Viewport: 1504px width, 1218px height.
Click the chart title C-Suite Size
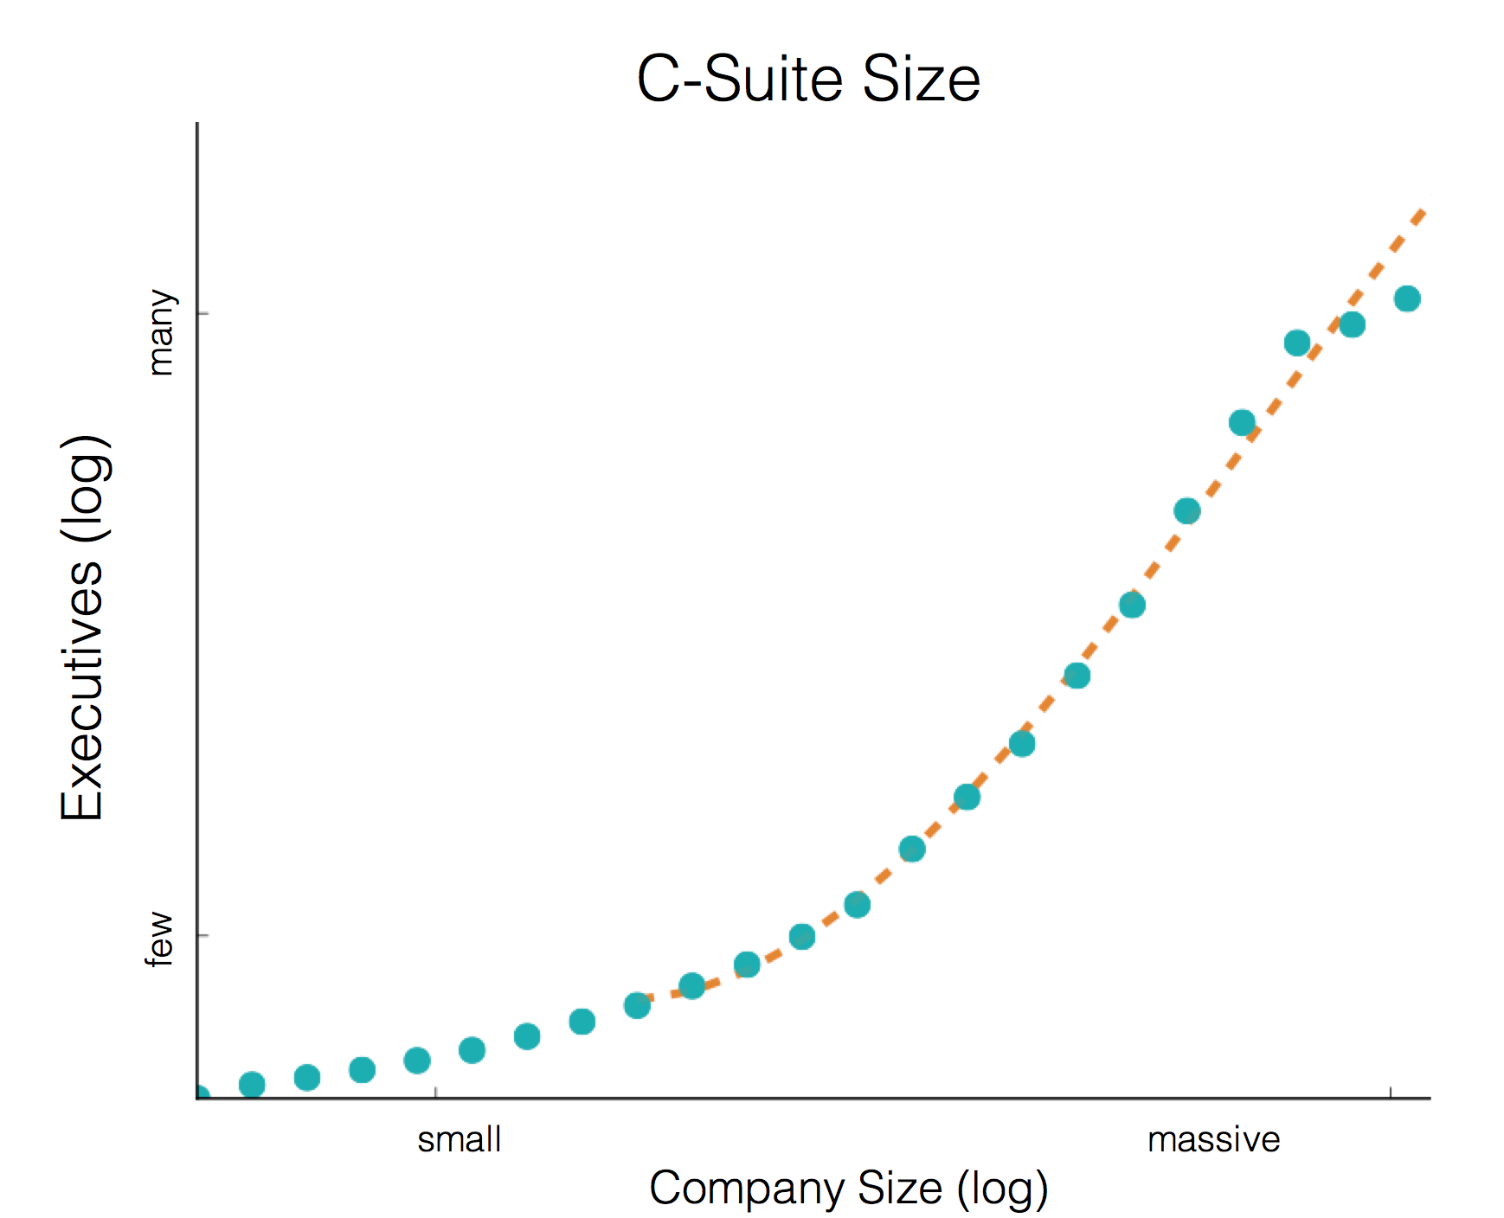807,80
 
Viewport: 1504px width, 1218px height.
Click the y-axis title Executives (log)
84,627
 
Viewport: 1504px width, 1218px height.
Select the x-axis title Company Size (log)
848,1188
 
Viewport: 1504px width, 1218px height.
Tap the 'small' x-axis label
459,1139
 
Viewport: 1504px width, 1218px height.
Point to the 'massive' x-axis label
1213,1139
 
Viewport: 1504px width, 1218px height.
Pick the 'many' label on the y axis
161,332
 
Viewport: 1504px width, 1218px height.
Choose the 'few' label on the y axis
161,938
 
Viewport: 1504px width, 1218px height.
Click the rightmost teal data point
1407,298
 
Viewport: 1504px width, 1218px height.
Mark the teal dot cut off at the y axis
201,1094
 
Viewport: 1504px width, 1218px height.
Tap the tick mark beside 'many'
203,312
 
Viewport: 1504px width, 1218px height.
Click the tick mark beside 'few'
203,935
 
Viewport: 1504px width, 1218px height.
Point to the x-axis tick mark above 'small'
435,1093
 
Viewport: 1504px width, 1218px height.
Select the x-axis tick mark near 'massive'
1391,1093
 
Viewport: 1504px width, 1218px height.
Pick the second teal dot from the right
1352,325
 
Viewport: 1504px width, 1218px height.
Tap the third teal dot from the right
1297,343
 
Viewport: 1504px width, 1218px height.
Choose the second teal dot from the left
252,1084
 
